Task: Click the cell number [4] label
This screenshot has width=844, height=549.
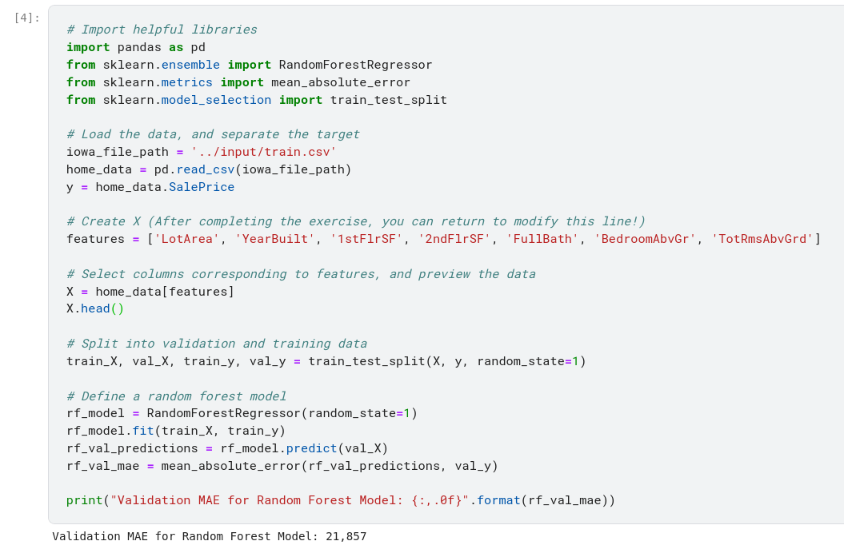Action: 26,18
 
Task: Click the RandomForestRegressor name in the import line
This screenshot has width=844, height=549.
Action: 355,65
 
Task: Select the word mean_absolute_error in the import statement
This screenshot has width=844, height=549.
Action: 341,82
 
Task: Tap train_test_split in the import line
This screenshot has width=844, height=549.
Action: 388,100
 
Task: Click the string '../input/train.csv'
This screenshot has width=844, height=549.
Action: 264,152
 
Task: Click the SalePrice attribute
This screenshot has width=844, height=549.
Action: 202,187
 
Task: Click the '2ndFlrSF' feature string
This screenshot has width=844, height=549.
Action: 454,239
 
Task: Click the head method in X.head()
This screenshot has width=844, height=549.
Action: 95,308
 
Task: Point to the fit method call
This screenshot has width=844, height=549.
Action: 143,431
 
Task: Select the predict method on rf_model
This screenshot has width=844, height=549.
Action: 311,448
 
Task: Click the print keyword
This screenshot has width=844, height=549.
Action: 84,500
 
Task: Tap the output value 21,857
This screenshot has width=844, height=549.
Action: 346,536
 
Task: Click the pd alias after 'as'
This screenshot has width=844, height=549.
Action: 198,47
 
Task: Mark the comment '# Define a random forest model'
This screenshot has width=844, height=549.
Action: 176,396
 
